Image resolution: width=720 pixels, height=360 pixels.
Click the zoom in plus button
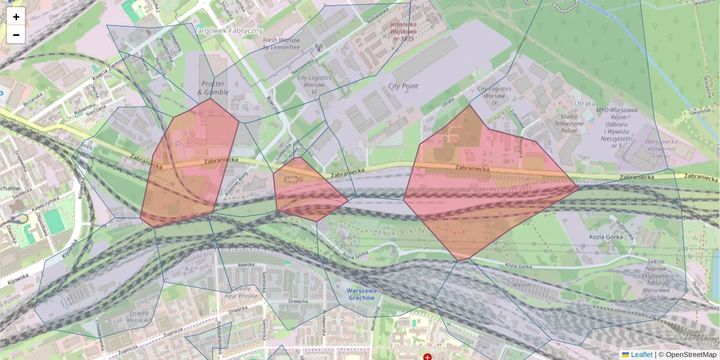(16, 17)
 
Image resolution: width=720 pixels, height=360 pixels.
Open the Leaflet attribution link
(641, 355)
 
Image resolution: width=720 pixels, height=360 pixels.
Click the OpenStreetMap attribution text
(691, 355)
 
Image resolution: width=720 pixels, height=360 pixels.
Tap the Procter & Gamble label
(213, 88)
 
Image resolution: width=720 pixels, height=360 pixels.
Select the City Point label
(403, 86)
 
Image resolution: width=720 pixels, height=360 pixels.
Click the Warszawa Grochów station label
(362, 294)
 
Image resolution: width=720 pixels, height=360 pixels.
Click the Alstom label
(521, 285)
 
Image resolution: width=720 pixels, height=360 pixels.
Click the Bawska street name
(247, 265)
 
